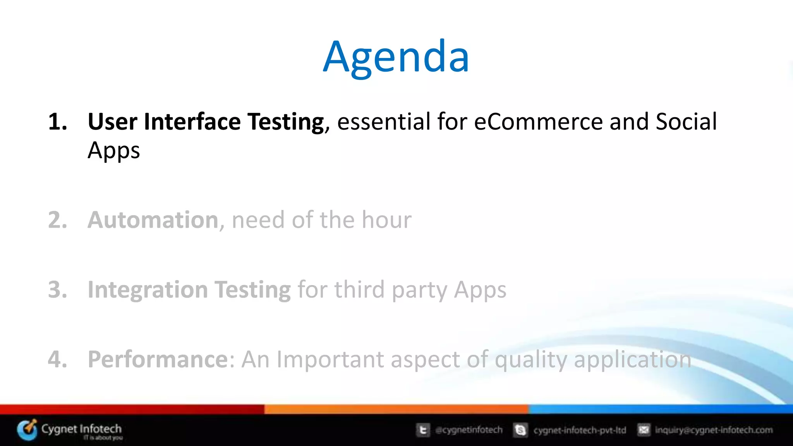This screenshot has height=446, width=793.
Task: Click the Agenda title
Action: coord(396,57)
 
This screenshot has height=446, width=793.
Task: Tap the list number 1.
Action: coord(57,122)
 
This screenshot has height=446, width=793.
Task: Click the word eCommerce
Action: coord(538,122)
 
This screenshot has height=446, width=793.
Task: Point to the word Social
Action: coord(686,122)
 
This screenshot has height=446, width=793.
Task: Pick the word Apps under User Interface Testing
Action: coord(113,151)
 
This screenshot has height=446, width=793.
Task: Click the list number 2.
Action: coord(57,220)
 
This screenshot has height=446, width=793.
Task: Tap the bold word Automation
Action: coord(153,220)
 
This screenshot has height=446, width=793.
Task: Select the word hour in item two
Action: coord(386,220)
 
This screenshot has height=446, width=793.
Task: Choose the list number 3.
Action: coord(57,290)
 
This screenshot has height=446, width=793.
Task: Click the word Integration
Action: coord(148,290)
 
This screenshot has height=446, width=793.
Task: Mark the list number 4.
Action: coord(57,359)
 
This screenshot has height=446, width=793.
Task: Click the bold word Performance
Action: coord(158,359)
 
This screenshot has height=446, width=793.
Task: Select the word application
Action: coord(632,360)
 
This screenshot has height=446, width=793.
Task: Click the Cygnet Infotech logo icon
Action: coord(27,430)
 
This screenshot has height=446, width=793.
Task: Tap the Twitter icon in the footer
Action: coord(423,430)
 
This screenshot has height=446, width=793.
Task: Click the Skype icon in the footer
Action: coord(520,430)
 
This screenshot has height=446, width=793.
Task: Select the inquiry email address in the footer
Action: coord(714,430)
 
